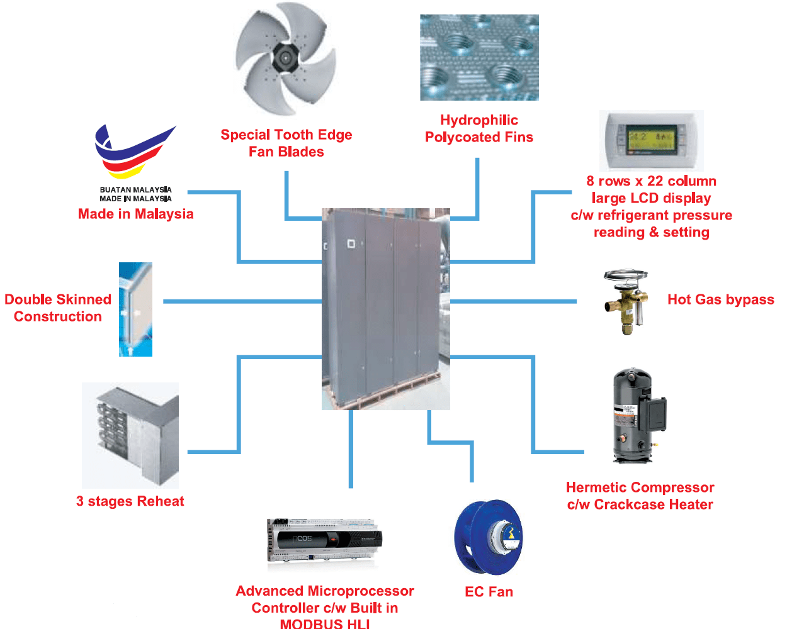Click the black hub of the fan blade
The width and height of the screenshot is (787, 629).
(x=286, y=58)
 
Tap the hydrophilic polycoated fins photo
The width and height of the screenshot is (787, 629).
(x=479, y=57)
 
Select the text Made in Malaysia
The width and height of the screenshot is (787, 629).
(x=135, y=214)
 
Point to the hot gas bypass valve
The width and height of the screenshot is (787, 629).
(x=626, y=301)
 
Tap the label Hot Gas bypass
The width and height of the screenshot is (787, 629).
(x=720, y=299)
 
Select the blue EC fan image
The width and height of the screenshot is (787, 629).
(x=489, y=537)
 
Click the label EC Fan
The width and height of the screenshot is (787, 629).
(x=489, y=592)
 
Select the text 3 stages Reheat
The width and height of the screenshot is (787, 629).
(x=130, y=501)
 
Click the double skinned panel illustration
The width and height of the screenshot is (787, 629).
(x=135, y=309)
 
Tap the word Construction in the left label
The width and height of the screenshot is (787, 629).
(x=58, y=316)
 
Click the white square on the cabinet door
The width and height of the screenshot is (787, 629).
(x=351, y=243)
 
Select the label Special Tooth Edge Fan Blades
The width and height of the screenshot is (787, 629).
(x=286, y=143)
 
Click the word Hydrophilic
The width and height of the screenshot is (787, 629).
(x=479, y=120)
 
